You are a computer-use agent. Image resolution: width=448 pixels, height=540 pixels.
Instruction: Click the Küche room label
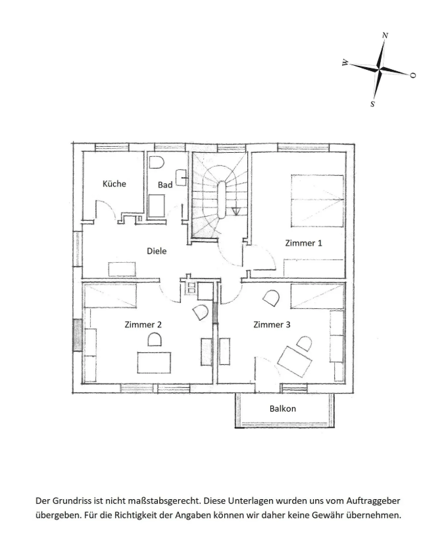click(114, 184)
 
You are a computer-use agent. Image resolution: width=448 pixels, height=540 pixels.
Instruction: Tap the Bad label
click(164, 185)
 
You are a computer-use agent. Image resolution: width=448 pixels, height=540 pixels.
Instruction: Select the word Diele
click(157, 251)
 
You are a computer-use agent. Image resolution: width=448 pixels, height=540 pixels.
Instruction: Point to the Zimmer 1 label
click(304, 243)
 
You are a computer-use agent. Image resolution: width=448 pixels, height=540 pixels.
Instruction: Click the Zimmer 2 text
click(143, 325)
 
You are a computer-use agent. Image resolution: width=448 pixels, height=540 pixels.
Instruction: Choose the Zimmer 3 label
click(272, 325)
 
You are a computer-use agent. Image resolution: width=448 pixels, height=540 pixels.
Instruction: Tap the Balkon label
click(283, 408)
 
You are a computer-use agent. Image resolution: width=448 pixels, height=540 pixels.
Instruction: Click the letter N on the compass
click(386, 35)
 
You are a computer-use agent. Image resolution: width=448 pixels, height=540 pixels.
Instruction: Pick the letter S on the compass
click(372, 103)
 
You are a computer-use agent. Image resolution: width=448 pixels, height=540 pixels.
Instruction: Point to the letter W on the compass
click(345, 63)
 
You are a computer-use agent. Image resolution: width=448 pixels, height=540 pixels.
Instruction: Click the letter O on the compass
click(412, 75)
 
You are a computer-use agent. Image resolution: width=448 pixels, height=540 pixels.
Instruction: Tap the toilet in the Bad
click(156, 162)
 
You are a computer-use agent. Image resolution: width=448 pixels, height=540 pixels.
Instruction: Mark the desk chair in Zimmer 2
click(155, 339)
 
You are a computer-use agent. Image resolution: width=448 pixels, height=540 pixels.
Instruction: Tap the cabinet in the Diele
click(122, 269)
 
